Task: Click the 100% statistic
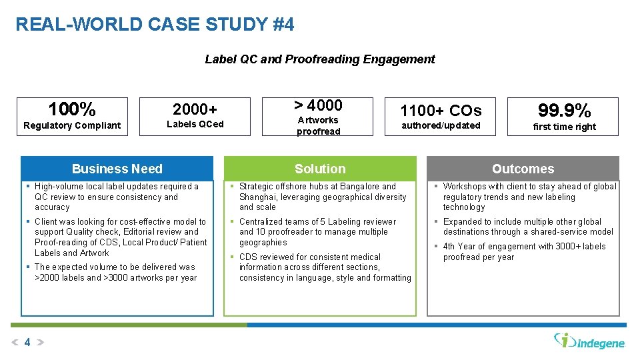(x=72, y=109)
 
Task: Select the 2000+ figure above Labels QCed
(x=195, y=109)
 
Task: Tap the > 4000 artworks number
(x=318, y=105)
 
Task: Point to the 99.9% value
(x=564, y=110)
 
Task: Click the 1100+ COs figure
(x=440, y=110)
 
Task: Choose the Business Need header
(x=117, y=169)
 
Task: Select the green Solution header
(x=320, y=169)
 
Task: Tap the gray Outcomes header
(x=523, y=169)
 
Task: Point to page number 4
(x=27, y=343)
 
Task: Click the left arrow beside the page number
(x=15, y=343)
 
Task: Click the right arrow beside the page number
(x=39, y=343)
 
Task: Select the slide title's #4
(x=283, y=25)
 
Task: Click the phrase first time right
(x=564, y=127)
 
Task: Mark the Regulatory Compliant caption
(x=72, y=125)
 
